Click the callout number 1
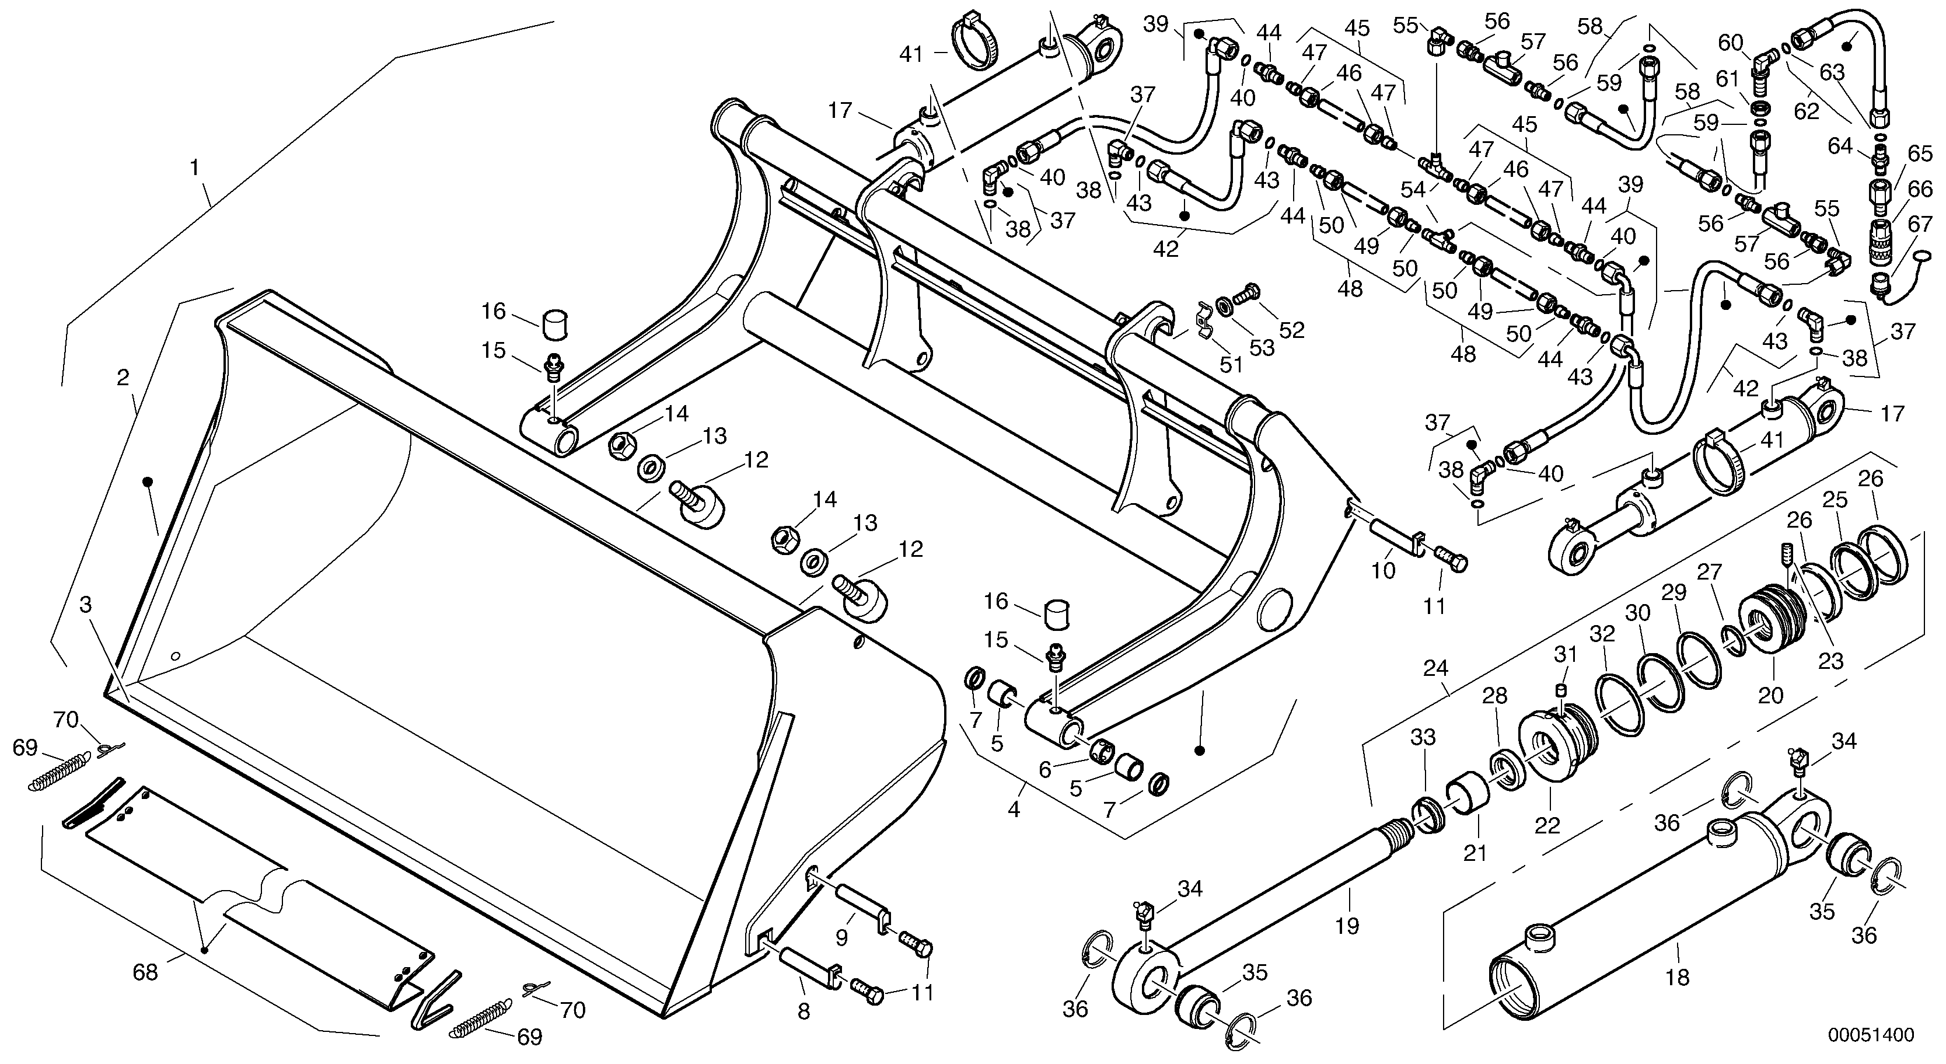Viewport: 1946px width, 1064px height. (195, 167)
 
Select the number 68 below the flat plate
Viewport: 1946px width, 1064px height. (145, 972)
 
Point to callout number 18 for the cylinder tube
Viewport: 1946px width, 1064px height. (1677, 977)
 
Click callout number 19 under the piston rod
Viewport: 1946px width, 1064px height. (1347, 925)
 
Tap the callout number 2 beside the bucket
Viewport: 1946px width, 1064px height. (123, 378)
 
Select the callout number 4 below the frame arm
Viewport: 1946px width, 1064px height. (1014, 810)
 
